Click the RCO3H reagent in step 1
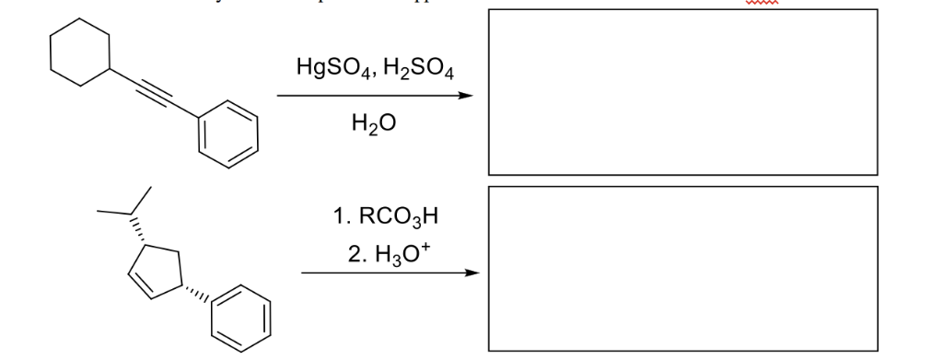[x=395, y=217]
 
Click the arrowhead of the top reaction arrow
[x=471, y=96]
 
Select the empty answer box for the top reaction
[x=682, y=91]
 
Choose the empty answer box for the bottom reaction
[x=682, y=268]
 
